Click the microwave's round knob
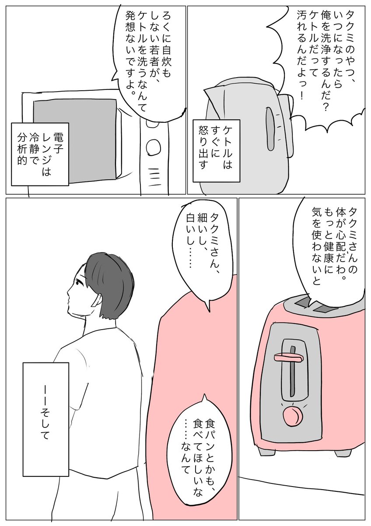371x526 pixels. tap(154, 147)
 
